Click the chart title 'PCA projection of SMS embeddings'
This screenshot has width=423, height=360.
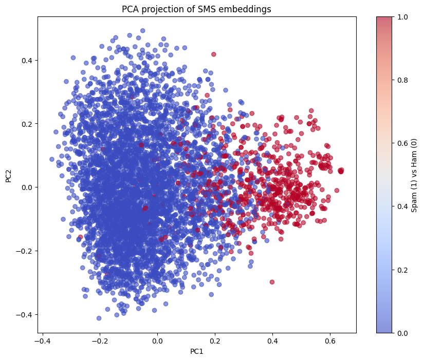pyautogui.click(x=196, y=9)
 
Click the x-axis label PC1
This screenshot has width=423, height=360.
pyautogui.click(x=196, y=351)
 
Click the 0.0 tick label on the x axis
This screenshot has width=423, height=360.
pyautogui.click(x=157, y=340)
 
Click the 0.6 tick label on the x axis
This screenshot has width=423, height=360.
pyautogui.click(x=330, y=340)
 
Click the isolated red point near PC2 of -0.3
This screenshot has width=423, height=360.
pyautogui.click(x=272, y=282)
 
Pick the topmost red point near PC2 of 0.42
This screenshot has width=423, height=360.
pyautogui.click(x=214, y=54)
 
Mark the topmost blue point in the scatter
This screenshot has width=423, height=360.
pyautogui.click(x=142, y=31)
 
